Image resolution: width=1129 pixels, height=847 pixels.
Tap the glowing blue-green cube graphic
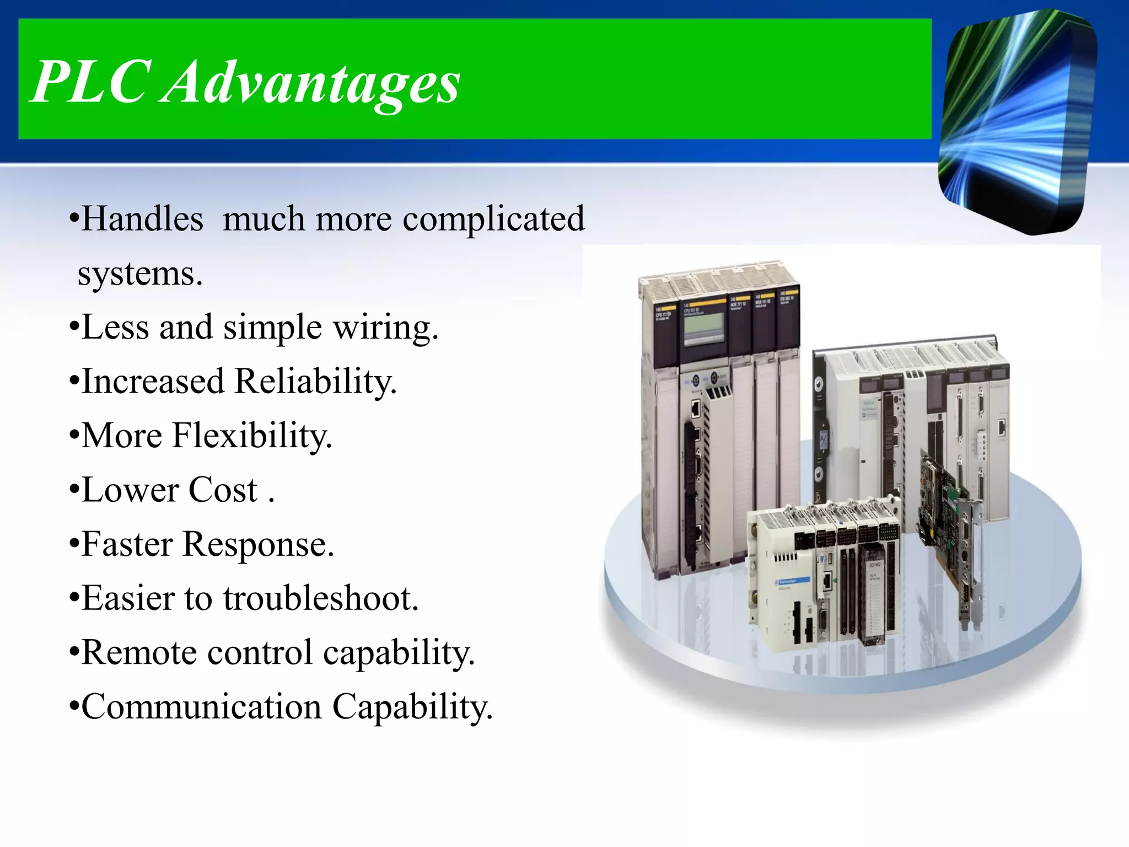(x=1017, y=121)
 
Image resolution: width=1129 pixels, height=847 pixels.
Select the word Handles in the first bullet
(x=142, y=219)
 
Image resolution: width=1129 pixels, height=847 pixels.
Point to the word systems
(x=139, y=274)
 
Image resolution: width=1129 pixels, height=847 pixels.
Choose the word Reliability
(x=315, y=382)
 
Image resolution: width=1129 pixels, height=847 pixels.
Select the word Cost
(x=223, y=490)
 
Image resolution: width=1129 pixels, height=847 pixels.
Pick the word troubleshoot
(x=321, y=598)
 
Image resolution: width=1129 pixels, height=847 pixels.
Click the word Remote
(x=139, y=652)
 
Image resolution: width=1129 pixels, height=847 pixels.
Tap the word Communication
(x=201, y=706)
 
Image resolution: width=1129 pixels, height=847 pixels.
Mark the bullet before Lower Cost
(x=74, y=490)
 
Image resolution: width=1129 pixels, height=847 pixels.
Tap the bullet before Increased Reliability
(x=74, y=382)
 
